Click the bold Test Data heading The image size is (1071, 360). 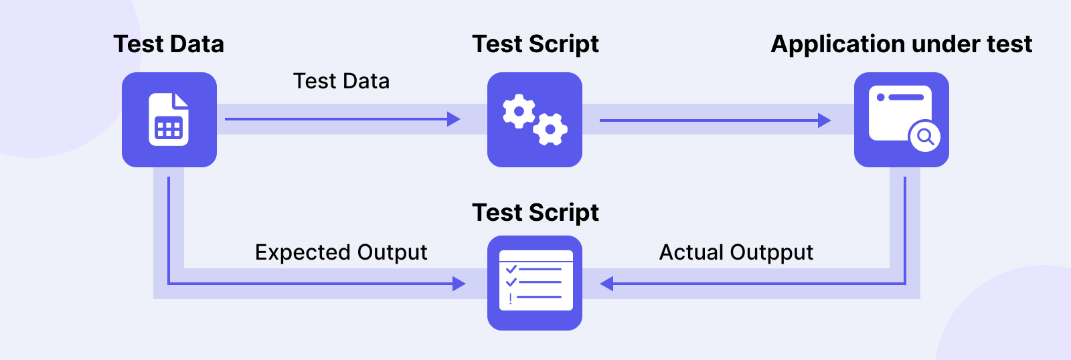tap(169, 44)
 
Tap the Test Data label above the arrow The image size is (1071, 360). tap(341, 81)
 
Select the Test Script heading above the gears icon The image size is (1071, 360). tap(535, 44)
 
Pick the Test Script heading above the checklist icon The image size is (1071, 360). tap(535, 213)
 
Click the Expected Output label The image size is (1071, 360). tap(341, 253)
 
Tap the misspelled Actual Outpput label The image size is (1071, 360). tap(736, 253)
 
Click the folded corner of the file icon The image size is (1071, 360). tap(181, 100)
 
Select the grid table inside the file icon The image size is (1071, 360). tap(169, 128)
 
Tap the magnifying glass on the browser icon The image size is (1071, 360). tap(925, 137)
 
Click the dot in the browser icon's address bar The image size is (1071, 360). tap(881, 98)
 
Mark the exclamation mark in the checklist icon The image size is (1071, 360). tap(511, 298)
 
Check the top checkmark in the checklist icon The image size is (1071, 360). tap(511, 269)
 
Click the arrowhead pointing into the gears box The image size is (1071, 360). tap(454, 120)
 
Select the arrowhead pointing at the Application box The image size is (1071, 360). tap(825, 120)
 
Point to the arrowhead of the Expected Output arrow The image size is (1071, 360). tap(459, 284)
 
